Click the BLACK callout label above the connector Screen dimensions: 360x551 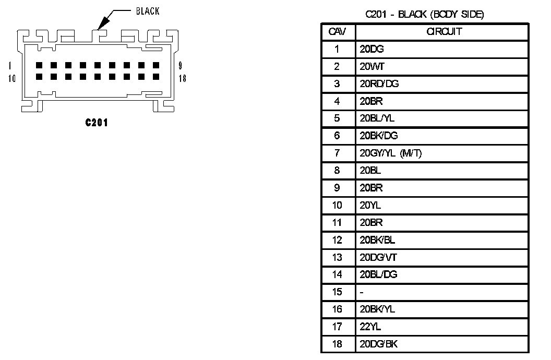click(148, 11)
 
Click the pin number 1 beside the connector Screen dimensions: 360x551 click(10, 66)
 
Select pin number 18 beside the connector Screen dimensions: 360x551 click(182, 78)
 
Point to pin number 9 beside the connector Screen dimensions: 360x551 click(180, 66)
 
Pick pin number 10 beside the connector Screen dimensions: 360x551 click(12, 78)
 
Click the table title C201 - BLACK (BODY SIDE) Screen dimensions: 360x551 click(425, 15)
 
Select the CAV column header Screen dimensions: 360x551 click(338, 32)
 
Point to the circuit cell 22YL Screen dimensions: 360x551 click(370, 327)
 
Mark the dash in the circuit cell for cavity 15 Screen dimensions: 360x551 click(361, 292)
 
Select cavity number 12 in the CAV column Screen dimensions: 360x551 click(337, 240)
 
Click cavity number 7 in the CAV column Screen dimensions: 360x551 click(337, 153)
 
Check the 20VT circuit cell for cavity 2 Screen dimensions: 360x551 click(372, 67)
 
